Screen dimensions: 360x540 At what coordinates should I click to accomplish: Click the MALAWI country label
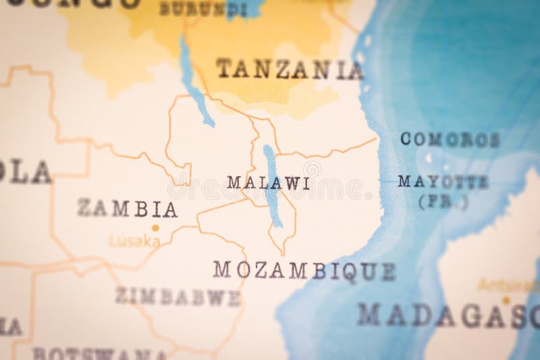(269, 183)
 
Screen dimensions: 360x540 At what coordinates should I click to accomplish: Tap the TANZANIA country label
(290, 69)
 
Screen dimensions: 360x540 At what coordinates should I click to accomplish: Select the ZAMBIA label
(128, 209)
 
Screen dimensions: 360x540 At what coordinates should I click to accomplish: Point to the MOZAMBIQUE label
(304, 270)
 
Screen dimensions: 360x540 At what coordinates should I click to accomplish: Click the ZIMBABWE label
(178, 297)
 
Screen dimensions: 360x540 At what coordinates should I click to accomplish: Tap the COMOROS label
(450, 140)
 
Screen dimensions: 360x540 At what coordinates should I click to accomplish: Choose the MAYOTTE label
(443, 181)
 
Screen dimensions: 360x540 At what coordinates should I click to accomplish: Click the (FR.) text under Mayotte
(443, 201)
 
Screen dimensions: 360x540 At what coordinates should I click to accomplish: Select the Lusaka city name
(134, 241)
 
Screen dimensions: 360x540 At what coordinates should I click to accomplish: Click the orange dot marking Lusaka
(155, 228)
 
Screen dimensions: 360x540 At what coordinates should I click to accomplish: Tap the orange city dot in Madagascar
(506, 300)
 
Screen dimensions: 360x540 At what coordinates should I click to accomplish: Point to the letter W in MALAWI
(291, 183)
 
